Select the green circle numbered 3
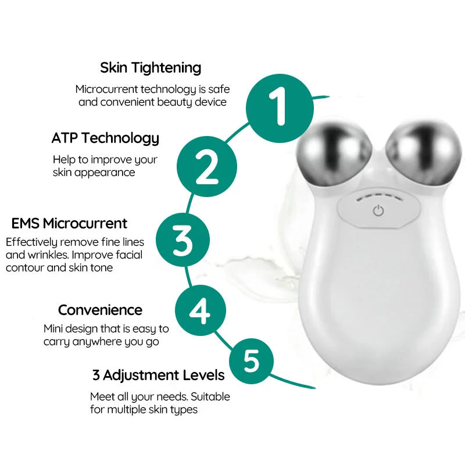pyautogui.click(x=183, y=240)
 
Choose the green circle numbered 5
pyautogui.click(x=251, y=361)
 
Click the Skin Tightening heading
pyautogui.click(x=151, y=67)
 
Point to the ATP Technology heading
pyautogui.click(x=105, y=138)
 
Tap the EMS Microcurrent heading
pyautogui.click(x=69, y=223)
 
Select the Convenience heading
pyautogui.click(x=100, y=310)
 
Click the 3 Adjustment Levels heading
pyautogui.click(x=158, y=375)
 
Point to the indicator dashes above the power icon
pyautogui.click(x=378, y=196)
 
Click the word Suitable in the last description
pyautogui.click(x=210, y=397)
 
